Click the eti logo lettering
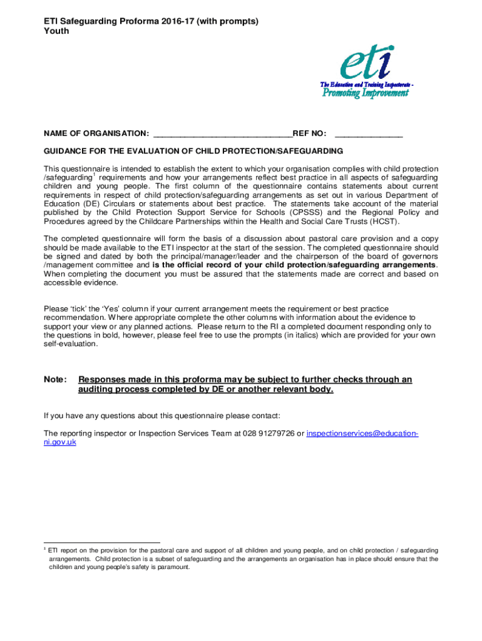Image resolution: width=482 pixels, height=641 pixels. (366, 64)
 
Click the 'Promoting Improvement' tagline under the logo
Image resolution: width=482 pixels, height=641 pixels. (366, 93)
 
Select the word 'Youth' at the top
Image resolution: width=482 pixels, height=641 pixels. (56, 31)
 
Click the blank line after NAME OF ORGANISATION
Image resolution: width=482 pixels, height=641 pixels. (222, 133)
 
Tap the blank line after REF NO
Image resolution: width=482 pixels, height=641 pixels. (369, 133)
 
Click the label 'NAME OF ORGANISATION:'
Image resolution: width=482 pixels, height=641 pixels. (96, 133)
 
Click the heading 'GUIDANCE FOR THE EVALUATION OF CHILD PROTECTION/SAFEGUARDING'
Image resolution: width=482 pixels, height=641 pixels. (193, 151)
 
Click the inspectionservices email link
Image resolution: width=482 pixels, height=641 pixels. (362, 433)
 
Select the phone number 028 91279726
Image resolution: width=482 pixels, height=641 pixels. (268, 433)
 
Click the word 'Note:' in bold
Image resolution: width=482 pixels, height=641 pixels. (55, 379)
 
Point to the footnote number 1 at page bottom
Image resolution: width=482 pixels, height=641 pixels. (45, 548)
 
